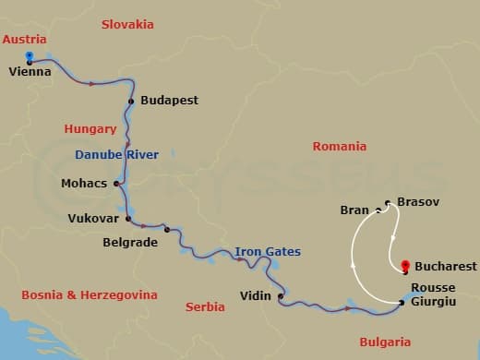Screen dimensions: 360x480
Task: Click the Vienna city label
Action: (x=29, y=70)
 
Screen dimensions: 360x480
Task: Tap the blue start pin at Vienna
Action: (x=30, y=57)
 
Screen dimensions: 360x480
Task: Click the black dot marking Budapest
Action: (x=132, y=101)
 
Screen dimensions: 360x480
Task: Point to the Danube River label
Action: (x=116, y=154)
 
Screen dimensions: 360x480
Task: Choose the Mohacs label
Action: (x=84, y=183)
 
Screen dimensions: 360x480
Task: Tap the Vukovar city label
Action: (x=93, y=219)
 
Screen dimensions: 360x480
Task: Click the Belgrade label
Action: (x=131, y=243)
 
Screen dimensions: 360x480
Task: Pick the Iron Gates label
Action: (x=267, y=251)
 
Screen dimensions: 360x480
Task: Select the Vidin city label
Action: (x=255, y=295)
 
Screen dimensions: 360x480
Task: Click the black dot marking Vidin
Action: (x=280, y=296)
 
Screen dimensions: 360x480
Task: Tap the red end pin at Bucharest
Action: (x=405, y=267)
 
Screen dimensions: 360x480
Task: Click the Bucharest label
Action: (x=446, y=266)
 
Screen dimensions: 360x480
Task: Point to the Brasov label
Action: (x=418, y=201)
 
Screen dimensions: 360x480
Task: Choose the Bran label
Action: (x=354, y=210)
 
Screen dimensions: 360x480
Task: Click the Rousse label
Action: (x=433, y=287)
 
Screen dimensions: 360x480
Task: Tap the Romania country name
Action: (x=340, y=146)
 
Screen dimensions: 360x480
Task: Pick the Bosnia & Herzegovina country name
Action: (x=89, y=295)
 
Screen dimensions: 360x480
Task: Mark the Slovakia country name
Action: (x=127, y=24)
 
